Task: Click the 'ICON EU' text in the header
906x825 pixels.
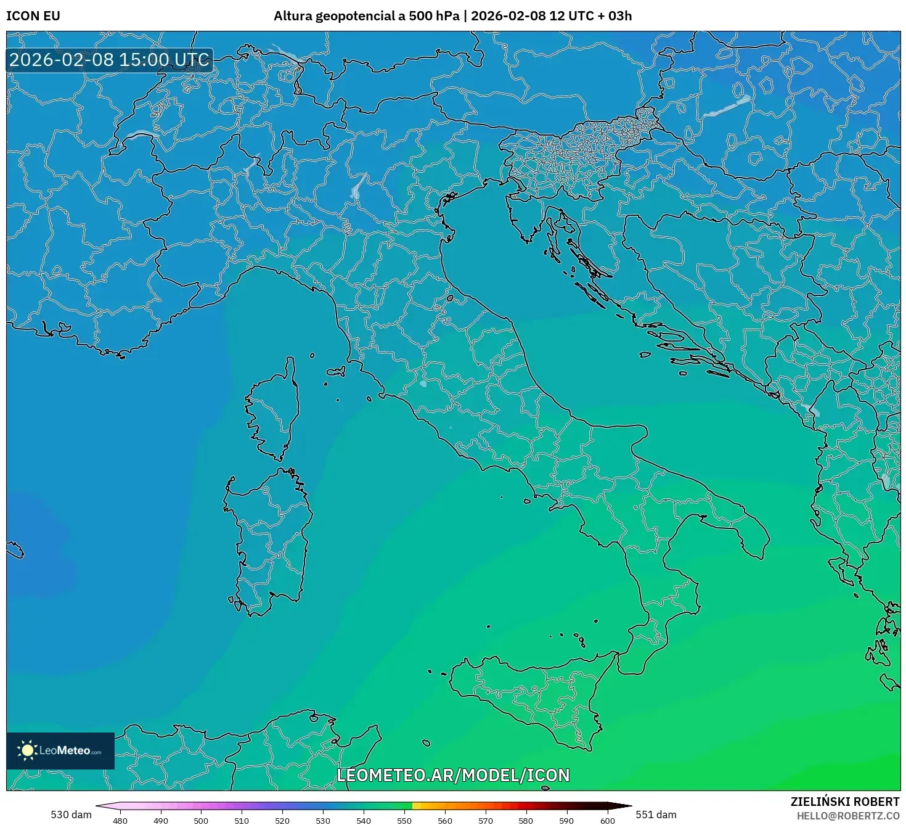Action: click(33, 16)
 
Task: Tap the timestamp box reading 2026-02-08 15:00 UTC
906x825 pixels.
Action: click(110, 60)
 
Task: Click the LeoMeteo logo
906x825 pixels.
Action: click(60, 750)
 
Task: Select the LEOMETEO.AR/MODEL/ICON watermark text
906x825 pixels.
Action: click(453, 775)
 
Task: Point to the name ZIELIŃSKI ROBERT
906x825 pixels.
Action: click(845, 802)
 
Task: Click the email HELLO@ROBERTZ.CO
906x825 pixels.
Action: click(847, 816)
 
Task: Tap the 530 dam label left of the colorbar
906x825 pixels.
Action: click(71, 815)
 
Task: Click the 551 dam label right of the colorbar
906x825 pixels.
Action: click(656, 815)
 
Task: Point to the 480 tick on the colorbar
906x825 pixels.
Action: click(120, 821)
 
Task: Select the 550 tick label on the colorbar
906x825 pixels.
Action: click(404, 821)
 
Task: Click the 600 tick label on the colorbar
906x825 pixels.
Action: click(607, 821)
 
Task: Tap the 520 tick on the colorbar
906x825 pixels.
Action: click(282, 821)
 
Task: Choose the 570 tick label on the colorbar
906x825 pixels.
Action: click(486, 821)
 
